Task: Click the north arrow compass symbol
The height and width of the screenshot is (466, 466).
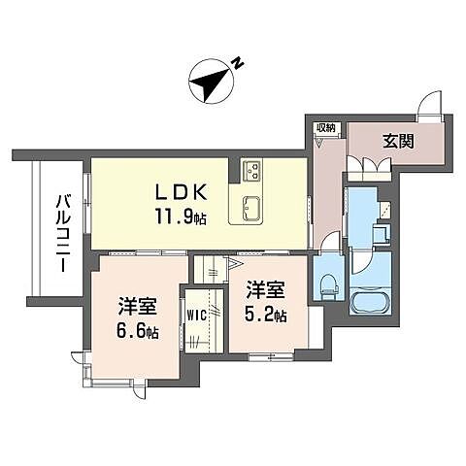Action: (208, 83)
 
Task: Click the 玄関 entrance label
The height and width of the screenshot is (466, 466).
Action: (397, 141)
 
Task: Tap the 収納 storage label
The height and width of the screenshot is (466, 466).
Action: (325, 127)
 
